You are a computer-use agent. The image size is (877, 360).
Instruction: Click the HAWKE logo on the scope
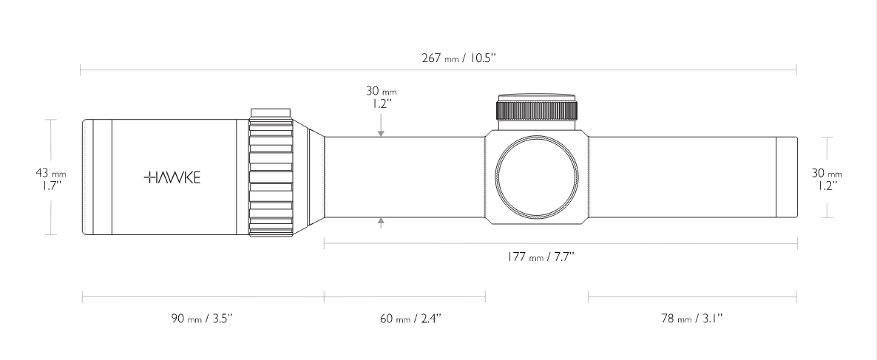coord(171,177)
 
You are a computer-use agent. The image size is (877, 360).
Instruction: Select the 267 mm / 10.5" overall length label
coord(458,58)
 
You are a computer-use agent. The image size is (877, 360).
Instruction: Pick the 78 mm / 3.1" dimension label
coord(692,319)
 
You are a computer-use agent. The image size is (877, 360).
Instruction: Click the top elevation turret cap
coord(538,98)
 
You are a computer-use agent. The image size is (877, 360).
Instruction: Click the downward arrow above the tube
coord(381,132)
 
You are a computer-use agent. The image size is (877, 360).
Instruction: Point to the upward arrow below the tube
coord(381,222)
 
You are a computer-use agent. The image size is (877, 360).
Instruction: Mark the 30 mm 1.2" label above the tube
coord(381,97)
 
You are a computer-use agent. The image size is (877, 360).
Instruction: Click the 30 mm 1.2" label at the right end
coord(827,177)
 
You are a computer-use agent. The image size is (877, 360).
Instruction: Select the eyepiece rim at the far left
coord(87,177)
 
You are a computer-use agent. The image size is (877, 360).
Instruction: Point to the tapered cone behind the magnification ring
coord(315,177)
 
